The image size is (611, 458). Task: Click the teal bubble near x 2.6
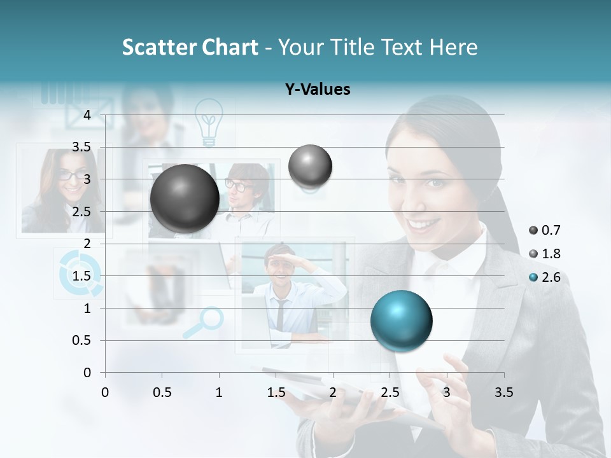401,321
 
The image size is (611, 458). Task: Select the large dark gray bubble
185,198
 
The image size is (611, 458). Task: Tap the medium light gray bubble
310,166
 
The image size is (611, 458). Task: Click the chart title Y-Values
318,90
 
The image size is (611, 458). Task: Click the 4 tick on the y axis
87,114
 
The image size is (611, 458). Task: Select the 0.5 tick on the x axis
162,392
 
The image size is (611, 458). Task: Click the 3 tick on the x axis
446,392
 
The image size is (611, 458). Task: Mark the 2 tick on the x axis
332,392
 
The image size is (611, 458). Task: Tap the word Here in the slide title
452,47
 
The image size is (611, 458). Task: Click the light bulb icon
209,121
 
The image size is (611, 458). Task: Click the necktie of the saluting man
279,316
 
